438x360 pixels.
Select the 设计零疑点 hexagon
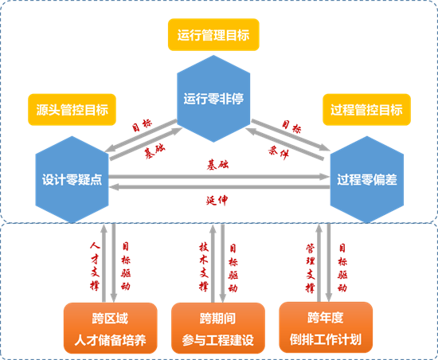(x=71, y=178)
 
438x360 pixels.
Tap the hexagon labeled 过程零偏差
(x=366, y=179)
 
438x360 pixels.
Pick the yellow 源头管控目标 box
(x=72, y=108)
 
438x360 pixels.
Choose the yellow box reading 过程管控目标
(x=366, y=108)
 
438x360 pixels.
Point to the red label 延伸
(x=217, y=200)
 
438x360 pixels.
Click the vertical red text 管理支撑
(x=311, y=263)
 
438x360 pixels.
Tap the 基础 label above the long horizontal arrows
(x=217, y=164)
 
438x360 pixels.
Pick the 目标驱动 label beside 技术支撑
(x=233, y=263)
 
